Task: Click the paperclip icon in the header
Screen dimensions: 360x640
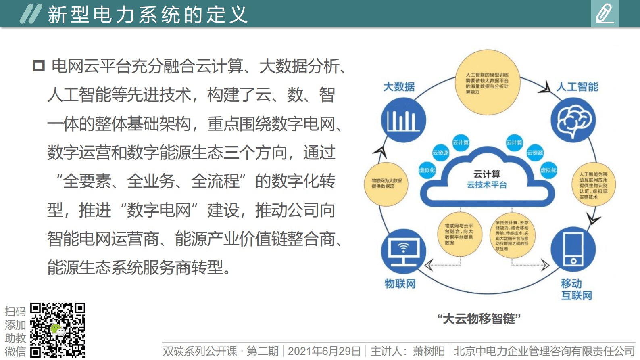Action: (x=605, y=14)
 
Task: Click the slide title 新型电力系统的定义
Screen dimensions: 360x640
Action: (x=147, y=15)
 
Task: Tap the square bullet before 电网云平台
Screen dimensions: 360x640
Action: (x=39, y=66)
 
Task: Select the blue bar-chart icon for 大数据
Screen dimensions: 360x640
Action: (x=403, y=120)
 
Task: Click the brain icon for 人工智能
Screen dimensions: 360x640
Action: (x=573, y=120)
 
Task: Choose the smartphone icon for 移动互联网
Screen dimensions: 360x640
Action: (x=573, y=250)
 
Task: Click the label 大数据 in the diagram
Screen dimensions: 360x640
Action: (x=399, y=87)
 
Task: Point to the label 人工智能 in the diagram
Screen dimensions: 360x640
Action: (x=577, y=87)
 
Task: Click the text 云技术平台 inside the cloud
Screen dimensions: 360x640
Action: (x=487, y=185)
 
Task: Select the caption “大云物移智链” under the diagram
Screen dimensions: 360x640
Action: (x=479, y=319)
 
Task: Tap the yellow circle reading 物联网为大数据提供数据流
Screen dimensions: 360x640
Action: (x=386, y=184)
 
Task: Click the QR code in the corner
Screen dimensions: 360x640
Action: (x=58, y=330)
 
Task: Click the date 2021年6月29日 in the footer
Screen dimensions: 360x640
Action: (x=324, y=351)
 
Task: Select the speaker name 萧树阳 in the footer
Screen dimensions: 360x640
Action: (x=429, y=351)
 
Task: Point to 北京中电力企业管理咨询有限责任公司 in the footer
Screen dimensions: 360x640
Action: (x=544, y=351)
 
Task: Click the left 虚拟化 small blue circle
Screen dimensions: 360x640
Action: (x=427, y=170)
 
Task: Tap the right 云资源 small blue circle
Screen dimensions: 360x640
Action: (x=535, y=153)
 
